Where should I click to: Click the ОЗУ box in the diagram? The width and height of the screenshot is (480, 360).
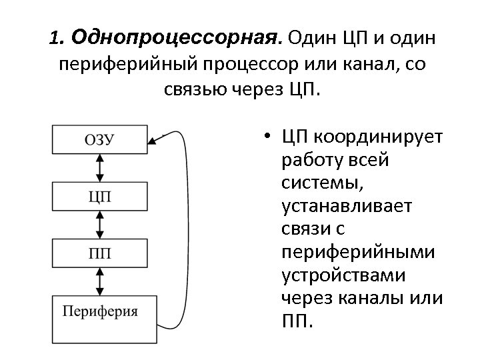(x=100, y=139)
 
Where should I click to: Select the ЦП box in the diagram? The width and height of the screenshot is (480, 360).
(x=100, y=197)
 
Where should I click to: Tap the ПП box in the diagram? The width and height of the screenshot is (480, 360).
(x=100, y=253)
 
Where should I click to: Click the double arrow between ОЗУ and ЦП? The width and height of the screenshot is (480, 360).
(x=100, y=168)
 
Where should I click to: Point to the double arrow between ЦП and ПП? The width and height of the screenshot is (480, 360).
(x=100, y=225)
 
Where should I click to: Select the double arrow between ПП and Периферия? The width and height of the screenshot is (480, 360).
(x=100, y=281)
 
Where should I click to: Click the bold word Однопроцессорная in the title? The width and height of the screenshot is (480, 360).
(x=177, y=37)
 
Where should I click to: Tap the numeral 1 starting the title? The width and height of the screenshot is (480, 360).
(x=55, y=38)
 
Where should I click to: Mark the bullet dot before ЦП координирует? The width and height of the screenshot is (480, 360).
(x=266, y=139)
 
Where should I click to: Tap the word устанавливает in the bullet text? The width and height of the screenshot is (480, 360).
(x=347, y=205)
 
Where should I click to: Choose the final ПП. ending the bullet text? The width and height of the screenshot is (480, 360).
(x=297, y=321)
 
